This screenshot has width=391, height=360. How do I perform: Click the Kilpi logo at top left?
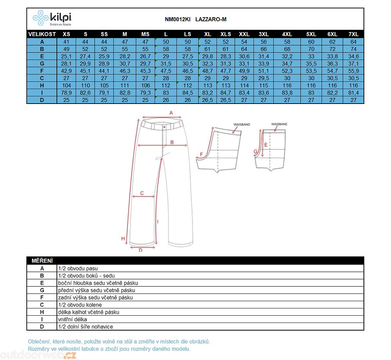coord(52,18)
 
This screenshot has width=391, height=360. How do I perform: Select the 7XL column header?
coord(353,34)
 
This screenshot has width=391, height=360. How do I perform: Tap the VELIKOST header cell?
coord(42,34)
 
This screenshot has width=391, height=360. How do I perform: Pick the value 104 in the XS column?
coord(66,85)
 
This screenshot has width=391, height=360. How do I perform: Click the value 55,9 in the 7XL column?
coord(353,71)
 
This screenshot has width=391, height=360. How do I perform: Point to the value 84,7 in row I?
coord(226,92)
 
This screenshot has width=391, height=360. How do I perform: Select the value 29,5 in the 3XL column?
coord(263,78)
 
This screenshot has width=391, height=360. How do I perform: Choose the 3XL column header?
coord(263,34)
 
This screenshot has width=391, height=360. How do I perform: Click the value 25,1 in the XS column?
coord(66,56)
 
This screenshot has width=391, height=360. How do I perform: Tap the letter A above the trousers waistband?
coord(171,113)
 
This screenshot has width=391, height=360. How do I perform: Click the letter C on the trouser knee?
coord(142,193)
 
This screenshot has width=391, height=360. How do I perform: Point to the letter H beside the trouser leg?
coord(123,239)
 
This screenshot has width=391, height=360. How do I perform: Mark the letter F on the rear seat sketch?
coord(201,155)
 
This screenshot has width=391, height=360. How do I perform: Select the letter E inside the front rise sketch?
coord(266,144)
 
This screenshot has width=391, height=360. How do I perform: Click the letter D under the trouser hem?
coord(141,250)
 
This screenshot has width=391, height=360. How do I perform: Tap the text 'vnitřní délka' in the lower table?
coord(73,319)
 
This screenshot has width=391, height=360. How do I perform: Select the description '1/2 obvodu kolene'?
coord(80,305)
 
